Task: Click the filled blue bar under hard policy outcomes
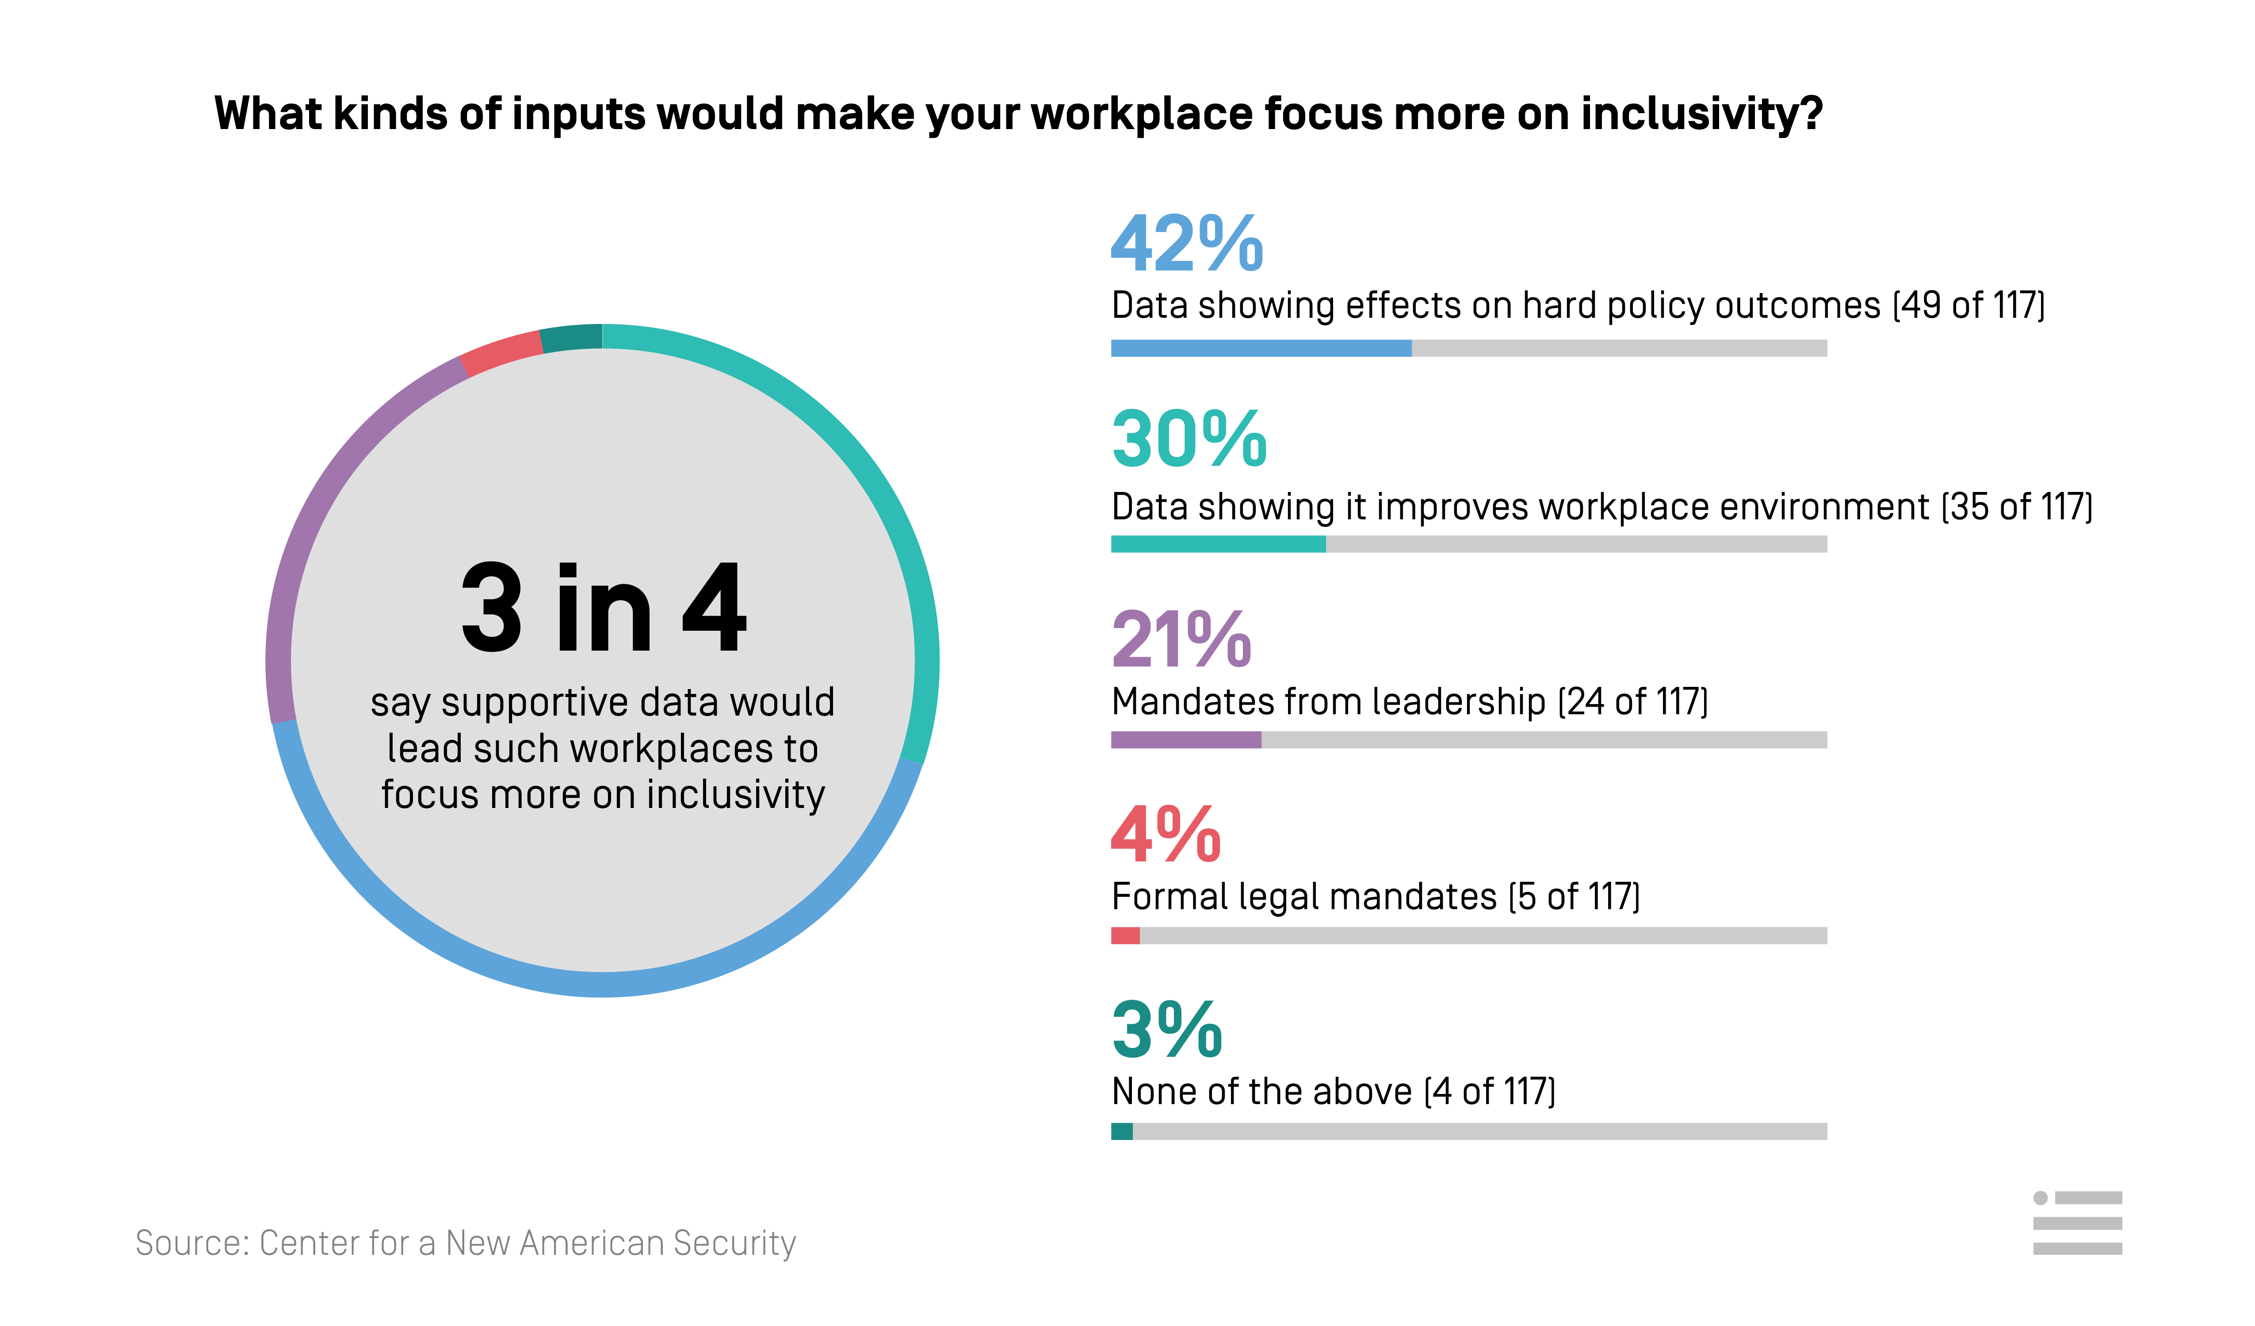[x=1261, y=348]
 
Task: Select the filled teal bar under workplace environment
[x=1218, y=544]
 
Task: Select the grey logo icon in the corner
[x=2077, y=1223]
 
